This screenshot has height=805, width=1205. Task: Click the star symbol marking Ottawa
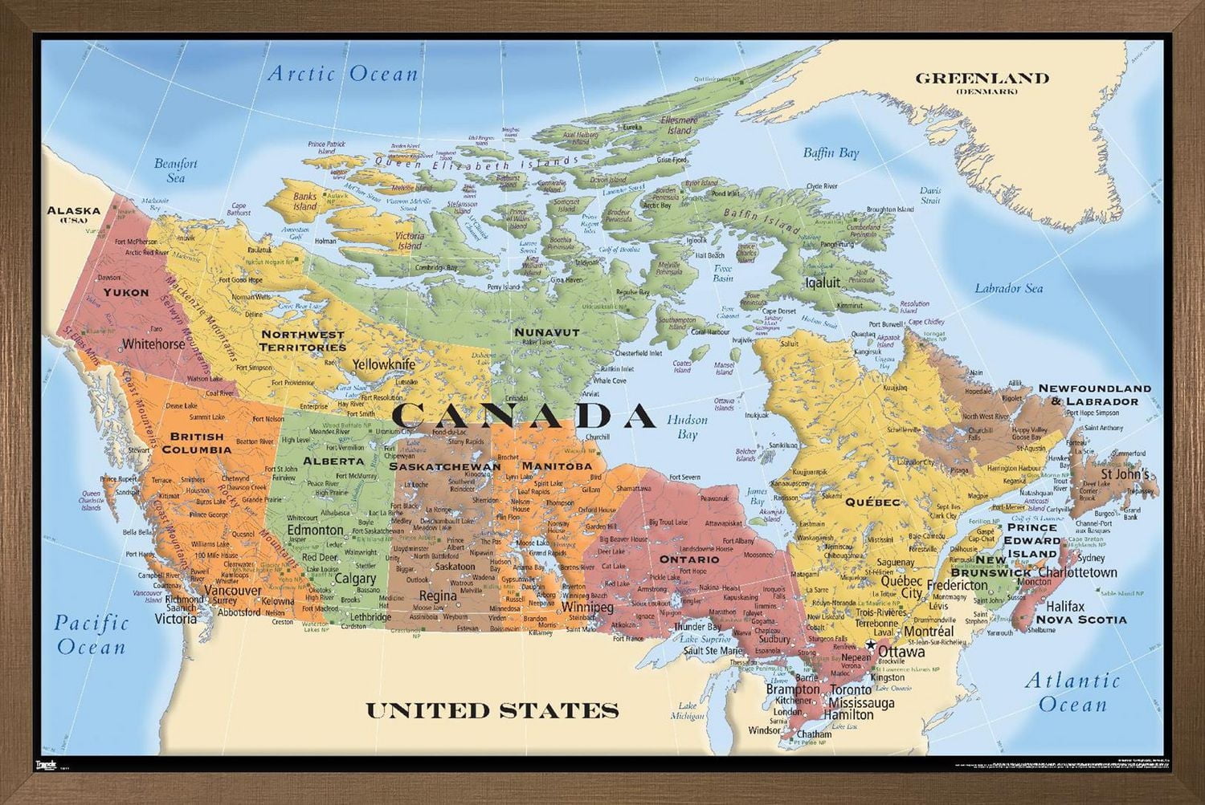pyautogui.click(x=870, y=646)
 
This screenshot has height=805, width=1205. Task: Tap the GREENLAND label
pyautogui.click(x=982, y=79)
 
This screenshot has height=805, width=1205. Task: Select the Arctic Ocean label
pyautogui.click(x=343, y=75)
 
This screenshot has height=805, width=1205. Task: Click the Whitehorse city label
pyautogui.click(x=153, y=344)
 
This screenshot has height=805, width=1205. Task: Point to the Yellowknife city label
pyautogui.click(x=384, y=364)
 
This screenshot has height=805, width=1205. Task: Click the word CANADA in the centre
pyautogui.click(x=524, y=415)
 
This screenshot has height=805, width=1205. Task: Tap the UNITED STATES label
pyautogui.click(x=492, y=710)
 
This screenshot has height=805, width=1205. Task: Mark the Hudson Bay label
pyautogui.click(x=687, y=427)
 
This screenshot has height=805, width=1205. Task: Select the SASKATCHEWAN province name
pyautogui.click(x=444, y=466)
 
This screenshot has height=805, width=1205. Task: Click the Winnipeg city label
pyautogui.click(x=587, y=608)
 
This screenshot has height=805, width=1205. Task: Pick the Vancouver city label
pyautogui.click(x=233, y=590)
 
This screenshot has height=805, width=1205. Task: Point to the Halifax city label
pyautogui.click(x=1065, y=606)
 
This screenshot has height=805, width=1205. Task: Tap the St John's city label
pyautogui.click(x=1125, y=474)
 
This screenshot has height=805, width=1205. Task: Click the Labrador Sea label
pyautogui.click(x=1008, y=288)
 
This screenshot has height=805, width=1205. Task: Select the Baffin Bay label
pyautogui.click(x=831, y=152)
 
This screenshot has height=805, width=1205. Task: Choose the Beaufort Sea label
pyautogui.click(x=176, y=170)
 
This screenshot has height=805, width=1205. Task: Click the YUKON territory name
pyautogui.click(x=126, y=292)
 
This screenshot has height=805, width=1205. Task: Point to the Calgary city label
pyautogui.click(x=354, y=578)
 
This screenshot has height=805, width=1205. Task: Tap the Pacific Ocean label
pyautogui.click(x=92, y=633)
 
